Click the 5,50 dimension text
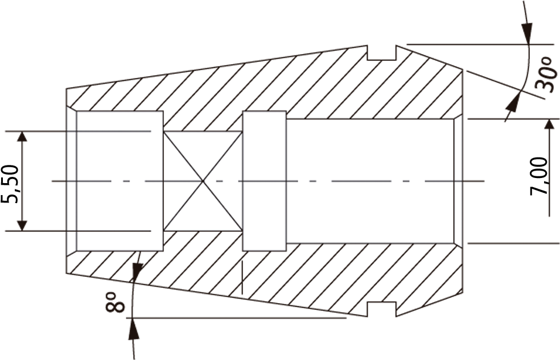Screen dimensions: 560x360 [x=10, y=184]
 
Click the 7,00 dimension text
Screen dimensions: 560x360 [x=538, y=176]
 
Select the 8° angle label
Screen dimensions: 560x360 [x=115, y=302]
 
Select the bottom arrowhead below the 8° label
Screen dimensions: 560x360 [x=133, y=327]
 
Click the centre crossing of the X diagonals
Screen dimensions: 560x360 [x=203, y=181]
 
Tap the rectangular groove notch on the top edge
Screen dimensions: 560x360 [x=382, y=53]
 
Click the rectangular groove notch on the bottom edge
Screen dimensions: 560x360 [x=382, y=309]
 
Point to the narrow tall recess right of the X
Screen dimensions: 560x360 [x=264, y=181]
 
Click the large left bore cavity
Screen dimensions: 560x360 [x=120, y=180]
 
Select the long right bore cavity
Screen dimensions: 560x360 [x=370, y=181]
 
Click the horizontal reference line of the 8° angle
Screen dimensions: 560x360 [x=239, y=317]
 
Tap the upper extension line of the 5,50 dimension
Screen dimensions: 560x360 [x=78, y=131]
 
